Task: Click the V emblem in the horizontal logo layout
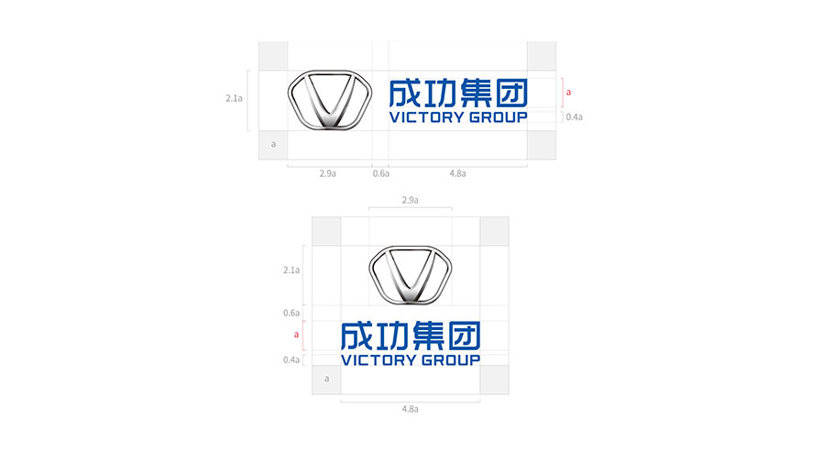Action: click(x=330, y=100)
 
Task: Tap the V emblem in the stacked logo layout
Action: click(x=410, y=274)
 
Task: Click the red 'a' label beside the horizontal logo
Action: click(x=568, y=93)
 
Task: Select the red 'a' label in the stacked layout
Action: click(x=297, y=335)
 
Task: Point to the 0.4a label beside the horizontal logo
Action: click(x=575, y=117)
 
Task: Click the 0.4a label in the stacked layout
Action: click(x=291, y=360)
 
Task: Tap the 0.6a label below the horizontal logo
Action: click(x=381, y=174)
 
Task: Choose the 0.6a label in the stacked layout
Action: click(x=291, y=314)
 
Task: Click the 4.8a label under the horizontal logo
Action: click(x=457, y=174)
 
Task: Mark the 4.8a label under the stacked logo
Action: click(x=410, y=409)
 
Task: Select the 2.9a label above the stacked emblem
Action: click(x=410, y=200)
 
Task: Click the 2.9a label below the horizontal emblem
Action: click(x=328, y=174)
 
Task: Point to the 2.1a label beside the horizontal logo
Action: click(x=234, y=98)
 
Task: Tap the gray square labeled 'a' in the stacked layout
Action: click(x=326, y=380)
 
